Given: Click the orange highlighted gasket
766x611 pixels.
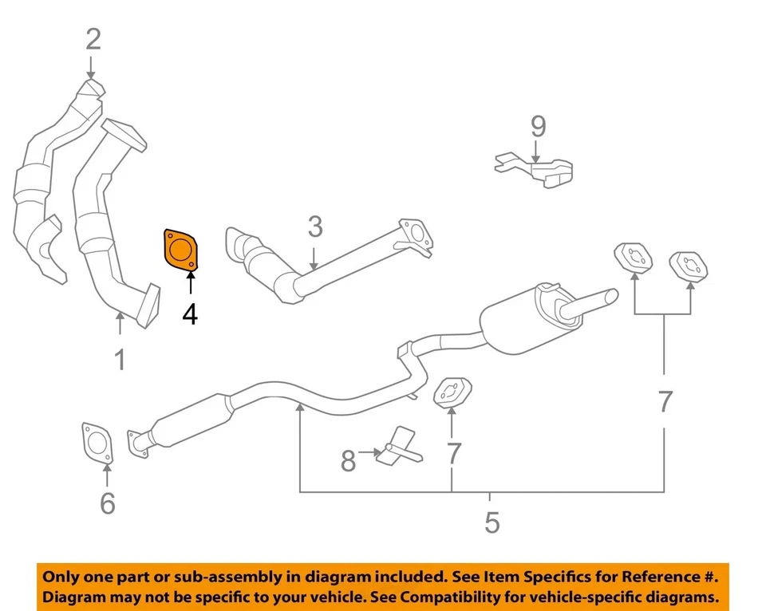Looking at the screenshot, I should (x=181, y=250).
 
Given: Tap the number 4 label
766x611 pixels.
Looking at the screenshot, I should (x=190, y=314).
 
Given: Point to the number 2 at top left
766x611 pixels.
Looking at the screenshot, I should (x=94, y=38).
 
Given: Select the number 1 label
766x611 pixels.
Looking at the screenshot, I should (x=120, y=360).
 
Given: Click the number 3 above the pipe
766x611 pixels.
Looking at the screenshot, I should (x=315, y=227).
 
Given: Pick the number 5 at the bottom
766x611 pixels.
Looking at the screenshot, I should (x=492, y=522).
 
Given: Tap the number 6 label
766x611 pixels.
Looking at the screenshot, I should (x=108, y=503).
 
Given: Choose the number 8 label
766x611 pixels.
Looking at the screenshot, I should (x=348, y=460).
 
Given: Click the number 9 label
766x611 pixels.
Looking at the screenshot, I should (x=539, y=126).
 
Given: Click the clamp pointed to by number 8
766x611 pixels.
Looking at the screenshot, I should (x=401, y=447).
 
